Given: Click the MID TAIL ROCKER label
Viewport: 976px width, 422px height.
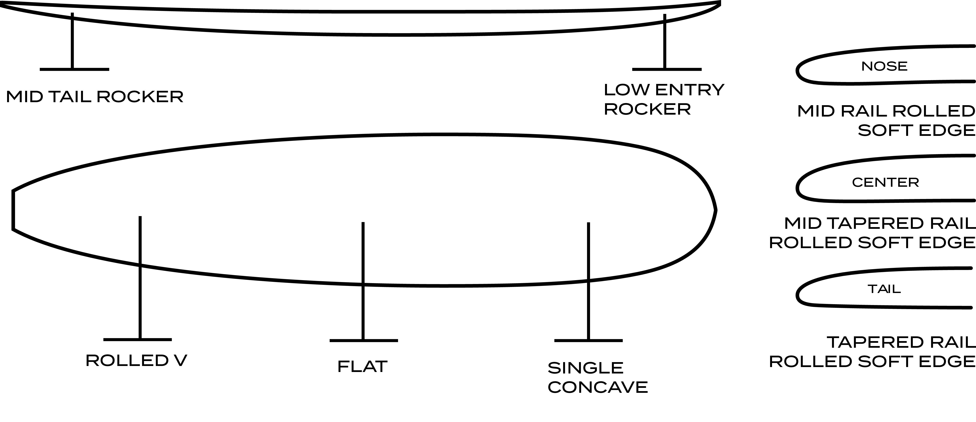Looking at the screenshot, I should click(x=95, y=97).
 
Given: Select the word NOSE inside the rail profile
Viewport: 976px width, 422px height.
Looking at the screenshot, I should click(x=884, y=67).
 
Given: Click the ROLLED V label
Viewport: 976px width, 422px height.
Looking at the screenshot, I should click(x=136, y=361).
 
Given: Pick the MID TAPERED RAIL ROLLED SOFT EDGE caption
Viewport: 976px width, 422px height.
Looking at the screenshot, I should click(x=872, y=233).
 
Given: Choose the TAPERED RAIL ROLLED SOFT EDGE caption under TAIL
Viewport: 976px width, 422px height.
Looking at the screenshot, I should click(x=872, y=352).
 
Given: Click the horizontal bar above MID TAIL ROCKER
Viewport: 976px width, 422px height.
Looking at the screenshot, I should click(x=74, y=69).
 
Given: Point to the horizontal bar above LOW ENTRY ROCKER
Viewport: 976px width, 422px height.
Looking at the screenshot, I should click(x=667, y=69).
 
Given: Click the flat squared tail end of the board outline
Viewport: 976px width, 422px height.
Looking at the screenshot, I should click(x=13, y=210).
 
